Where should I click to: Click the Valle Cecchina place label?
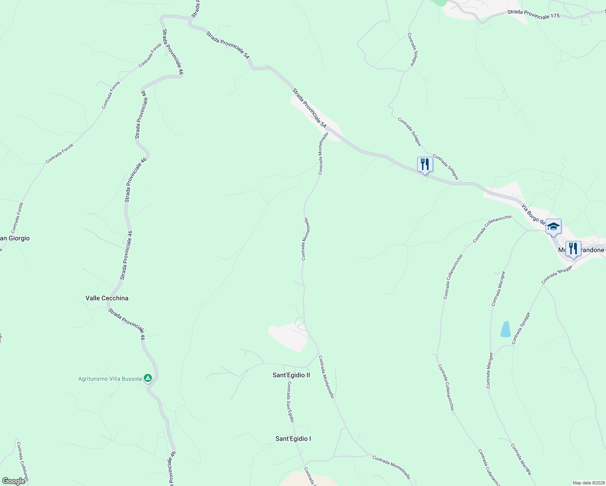[107, 298]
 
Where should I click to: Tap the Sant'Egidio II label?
[291, 375]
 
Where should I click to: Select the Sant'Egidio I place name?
[293, 439]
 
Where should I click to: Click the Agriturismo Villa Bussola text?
[110, 379]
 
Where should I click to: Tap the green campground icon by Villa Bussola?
[148, 378]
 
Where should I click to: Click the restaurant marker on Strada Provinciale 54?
[425, 164]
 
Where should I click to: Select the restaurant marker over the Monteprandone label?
[573, 248]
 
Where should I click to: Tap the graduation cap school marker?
[553, 227]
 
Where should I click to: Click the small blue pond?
[505, 329]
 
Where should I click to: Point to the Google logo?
[14, 481]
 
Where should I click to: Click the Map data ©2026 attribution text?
[588, 483]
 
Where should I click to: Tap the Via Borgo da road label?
[534, 214]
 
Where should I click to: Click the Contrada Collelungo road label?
[23, 462]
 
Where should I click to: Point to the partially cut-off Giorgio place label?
[15, 239]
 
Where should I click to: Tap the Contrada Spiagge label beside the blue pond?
[521, 328]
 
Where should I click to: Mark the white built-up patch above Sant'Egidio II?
[288, 336]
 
